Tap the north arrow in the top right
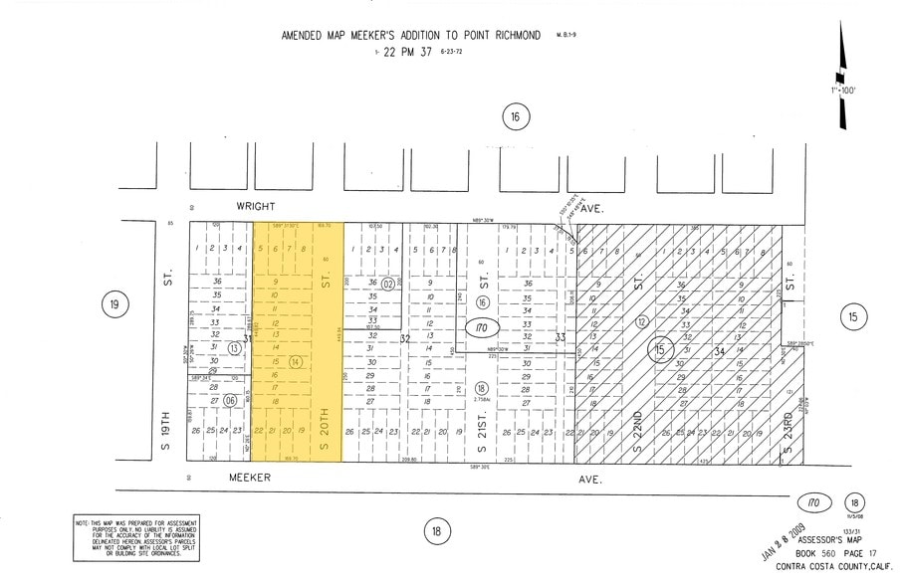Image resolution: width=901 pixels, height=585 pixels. tap(844, 75)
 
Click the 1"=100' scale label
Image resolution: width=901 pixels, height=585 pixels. tap(842, 91)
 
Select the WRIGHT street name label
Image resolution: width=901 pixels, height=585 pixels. tap(254, 208)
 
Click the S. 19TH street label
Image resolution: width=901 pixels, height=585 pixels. tap(166, 428)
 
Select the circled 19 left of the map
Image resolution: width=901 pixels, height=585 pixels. tap(114, 305)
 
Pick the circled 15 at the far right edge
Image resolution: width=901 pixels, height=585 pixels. tap(851, 318)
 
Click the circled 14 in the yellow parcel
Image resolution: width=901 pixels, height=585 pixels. tap(295, 362)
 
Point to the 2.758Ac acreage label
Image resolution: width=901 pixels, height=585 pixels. tap(482, 400)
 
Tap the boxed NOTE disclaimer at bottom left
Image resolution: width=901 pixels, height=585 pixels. tap(135, 538)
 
